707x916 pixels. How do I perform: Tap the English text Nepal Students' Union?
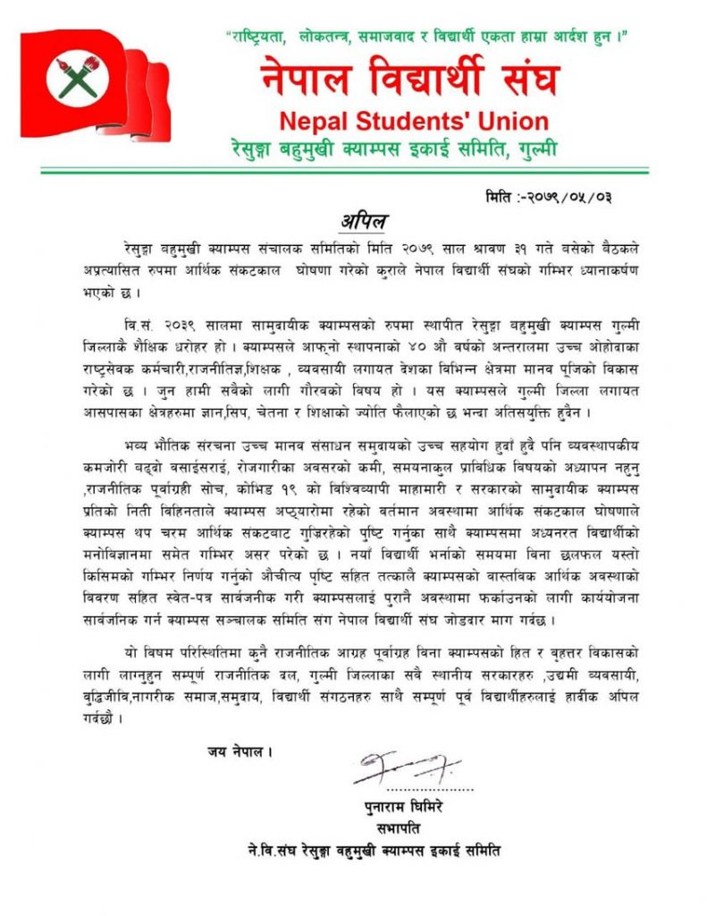(413, 121)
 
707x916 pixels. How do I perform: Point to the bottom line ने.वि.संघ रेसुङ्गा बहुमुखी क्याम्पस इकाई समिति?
(375, 850)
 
